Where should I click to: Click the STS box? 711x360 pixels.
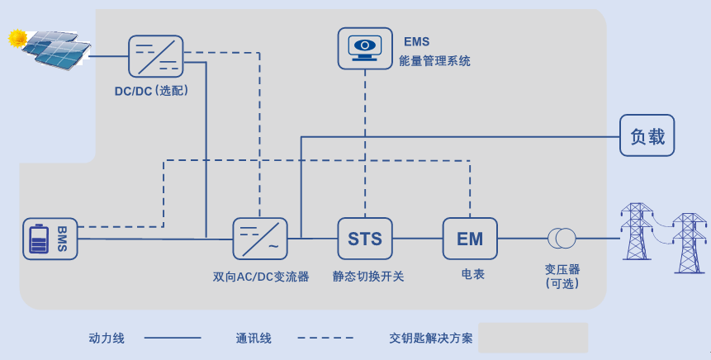click(x=365, y=239)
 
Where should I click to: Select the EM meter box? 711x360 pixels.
click(x=470, y=239)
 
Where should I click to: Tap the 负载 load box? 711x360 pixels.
click(x=647, y=135)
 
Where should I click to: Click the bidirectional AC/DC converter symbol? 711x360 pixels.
click(x=260, y=239)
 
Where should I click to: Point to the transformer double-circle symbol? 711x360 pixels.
click(x=562, y=239)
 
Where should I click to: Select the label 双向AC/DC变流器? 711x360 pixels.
click(x=261, y=277)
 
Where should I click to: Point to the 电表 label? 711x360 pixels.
click(x=473, y=273)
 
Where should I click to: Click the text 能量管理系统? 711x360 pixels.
click(x=434, y=60)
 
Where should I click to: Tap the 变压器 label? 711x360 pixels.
click(x=562, y=269)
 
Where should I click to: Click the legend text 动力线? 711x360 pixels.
click(x=107, y=338)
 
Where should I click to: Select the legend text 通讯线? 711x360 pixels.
click(x=254, y=338)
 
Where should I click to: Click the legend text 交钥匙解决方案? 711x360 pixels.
click(x=431, y=338)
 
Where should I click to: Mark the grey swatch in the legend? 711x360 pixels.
click(x=533, y=338)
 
